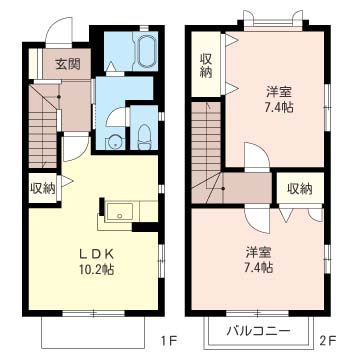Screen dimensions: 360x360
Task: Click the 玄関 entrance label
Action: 67,64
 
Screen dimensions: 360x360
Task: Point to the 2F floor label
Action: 326,340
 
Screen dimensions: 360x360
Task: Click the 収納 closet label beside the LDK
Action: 42,188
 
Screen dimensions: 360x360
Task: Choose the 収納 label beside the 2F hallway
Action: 299,188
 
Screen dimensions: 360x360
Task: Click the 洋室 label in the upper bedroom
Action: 277,89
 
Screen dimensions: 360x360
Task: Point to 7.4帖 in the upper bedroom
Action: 277,106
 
